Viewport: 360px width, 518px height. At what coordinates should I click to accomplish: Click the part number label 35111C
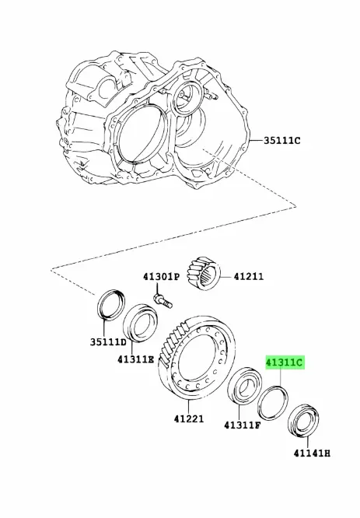click(x=281, y=141)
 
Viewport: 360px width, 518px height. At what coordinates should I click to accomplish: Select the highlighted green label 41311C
click(x=285, y=362)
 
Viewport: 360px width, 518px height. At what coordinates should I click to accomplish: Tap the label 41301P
click(x=161, y=277)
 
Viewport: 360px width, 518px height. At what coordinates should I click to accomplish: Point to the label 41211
click(x=249, y=277)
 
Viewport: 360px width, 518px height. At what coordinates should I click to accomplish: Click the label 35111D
click(x=108, y=342)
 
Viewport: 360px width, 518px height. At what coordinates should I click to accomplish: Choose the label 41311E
click(x=136, y=359)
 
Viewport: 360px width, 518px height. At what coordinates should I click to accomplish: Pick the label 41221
click(x=189, y=419)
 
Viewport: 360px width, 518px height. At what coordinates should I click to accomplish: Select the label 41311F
click(x=242, y=425)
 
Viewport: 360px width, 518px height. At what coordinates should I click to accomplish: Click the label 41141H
click(x=312, y=453)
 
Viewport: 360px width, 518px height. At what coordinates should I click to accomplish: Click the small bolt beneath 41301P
click(x=163, y=300)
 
